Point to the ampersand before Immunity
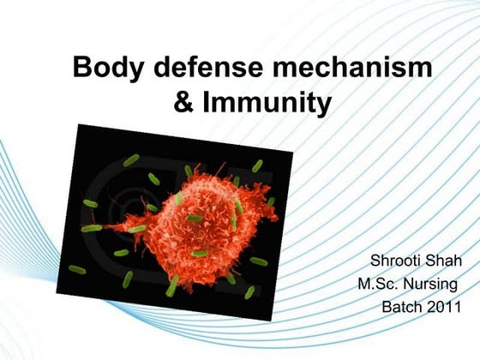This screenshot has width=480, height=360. (184, 104)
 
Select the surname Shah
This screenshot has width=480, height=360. (447, 261)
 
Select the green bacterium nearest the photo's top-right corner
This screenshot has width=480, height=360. (257, 165)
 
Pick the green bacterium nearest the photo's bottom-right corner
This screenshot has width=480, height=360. (249, 292)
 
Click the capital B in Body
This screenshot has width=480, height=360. (82, 68)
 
